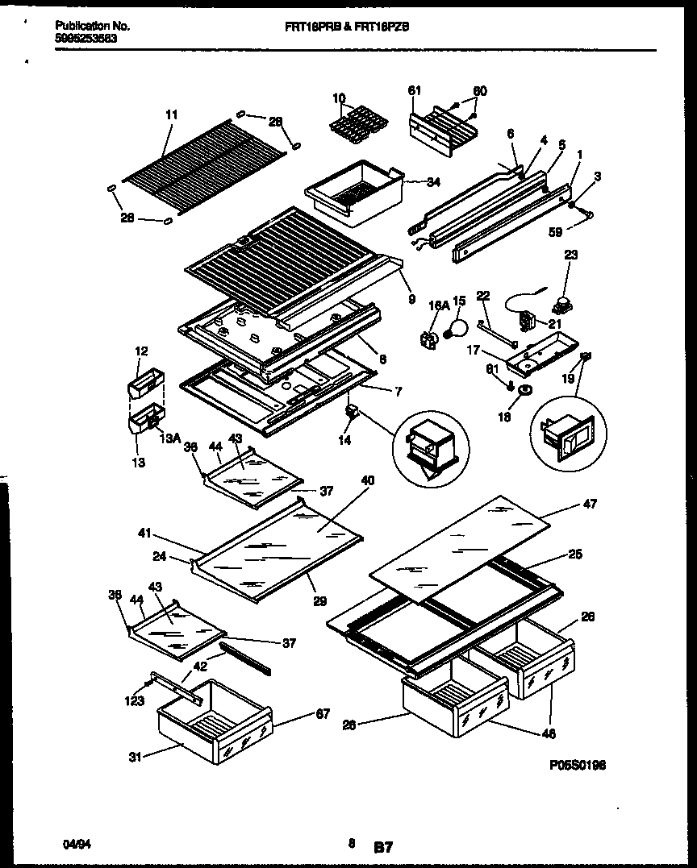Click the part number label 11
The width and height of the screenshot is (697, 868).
click(171, 115)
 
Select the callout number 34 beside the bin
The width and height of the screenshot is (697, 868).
click(434, 182)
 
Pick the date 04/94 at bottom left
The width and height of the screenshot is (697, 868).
click(73, 844)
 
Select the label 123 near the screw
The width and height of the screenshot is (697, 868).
click(134, 701)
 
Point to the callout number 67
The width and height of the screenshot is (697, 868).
click(322, 713)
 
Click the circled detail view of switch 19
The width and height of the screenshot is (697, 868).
click(568, 434)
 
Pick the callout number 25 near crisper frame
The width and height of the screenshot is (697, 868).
click(574, 554)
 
